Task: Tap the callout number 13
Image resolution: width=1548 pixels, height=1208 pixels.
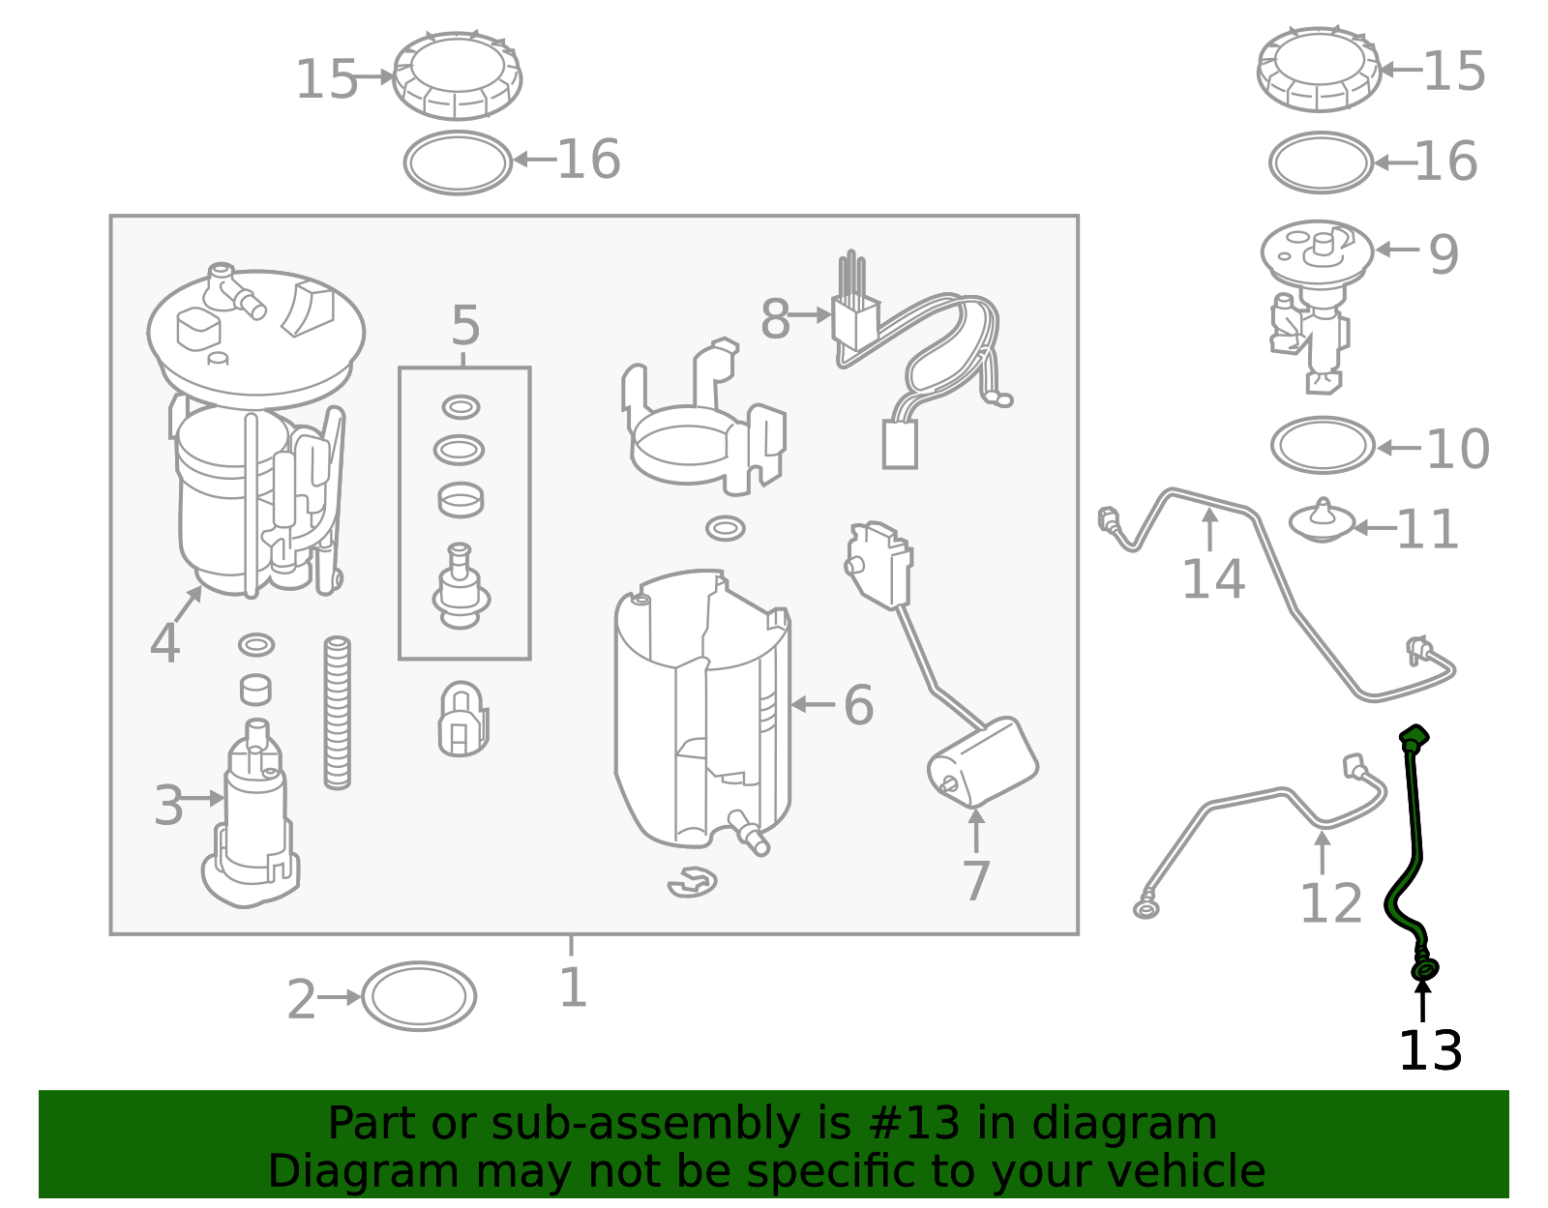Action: [x=1430, y=1051]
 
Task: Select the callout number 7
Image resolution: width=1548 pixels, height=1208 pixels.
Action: [x=976, y=881]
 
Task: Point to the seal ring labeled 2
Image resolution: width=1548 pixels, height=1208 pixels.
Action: [x=419, y=996]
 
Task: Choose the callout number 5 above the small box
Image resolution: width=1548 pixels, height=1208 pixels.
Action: [x=465, y=326]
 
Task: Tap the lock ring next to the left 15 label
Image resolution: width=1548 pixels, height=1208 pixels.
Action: [x=458, y=74]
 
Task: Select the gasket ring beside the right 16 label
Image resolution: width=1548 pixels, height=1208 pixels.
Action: [x=1321, y=162]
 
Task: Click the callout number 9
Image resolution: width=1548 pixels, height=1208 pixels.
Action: [x=1444, y=254]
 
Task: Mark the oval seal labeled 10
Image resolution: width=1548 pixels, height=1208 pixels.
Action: [x=1322, y=446]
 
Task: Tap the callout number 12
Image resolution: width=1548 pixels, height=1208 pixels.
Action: [x=1330, y=904]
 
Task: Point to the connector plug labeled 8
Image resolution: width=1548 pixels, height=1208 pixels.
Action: [x=855, y=319]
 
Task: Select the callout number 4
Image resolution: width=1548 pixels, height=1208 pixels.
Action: [x=164, y=644]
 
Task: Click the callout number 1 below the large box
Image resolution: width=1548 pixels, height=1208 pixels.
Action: [x=573, y=988]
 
